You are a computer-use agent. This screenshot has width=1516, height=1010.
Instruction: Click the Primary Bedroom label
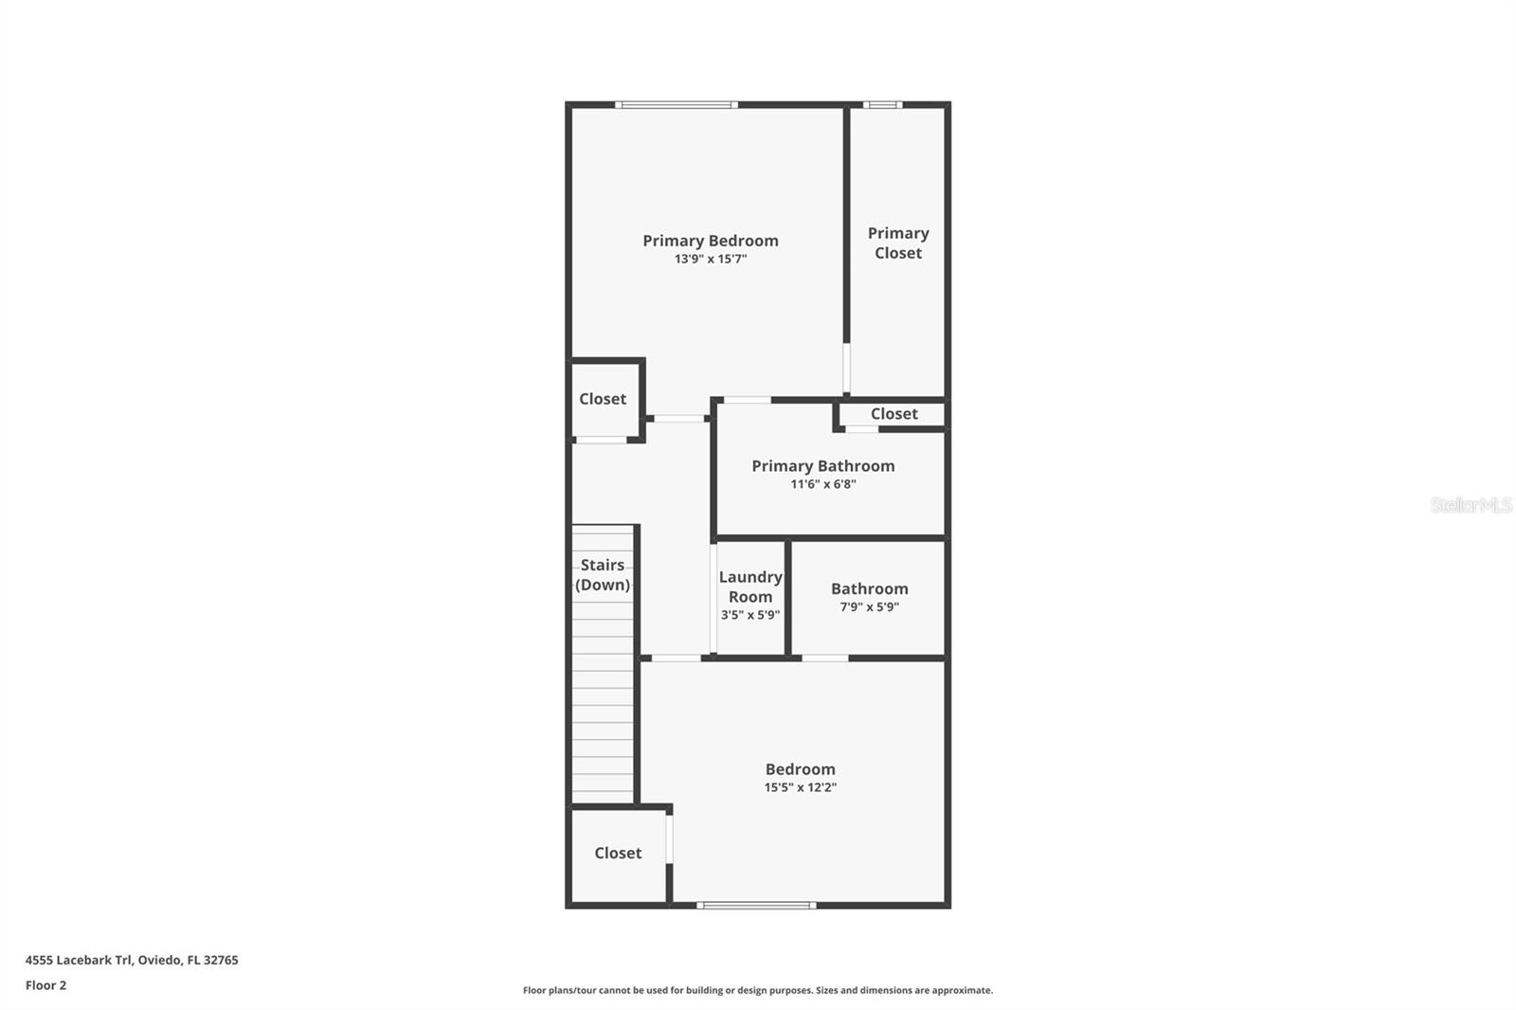click(711, 241)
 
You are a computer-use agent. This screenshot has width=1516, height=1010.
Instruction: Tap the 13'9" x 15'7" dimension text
click(711, 259)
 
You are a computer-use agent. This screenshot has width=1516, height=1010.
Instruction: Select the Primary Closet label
click(897, 243)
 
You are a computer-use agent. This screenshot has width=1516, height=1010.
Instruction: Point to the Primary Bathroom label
click(822, 465)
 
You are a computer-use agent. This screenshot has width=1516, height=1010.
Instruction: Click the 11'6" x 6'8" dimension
click(822, 484)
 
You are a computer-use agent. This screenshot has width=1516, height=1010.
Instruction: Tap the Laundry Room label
click(749, 586)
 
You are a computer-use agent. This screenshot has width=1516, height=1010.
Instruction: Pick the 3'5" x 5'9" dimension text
click(749, 615)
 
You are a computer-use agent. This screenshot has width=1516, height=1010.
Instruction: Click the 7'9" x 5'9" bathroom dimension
click(869, 607)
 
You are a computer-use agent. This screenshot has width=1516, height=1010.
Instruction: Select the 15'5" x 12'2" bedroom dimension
click(800, 787)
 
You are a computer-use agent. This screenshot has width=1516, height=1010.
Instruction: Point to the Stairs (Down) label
click(603, 574)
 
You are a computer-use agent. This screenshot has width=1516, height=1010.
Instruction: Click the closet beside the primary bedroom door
click(603, 399)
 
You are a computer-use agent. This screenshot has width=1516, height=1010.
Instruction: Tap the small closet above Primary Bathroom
click(893, 414)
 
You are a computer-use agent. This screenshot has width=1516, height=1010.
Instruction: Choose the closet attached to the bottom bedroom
click(618, 853)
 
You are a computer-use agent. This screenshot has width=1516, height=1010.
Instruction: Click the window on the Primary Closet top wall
click(882, 104)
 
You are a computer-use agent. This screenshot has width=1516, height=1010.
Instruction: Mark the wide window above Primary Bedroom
click(676, 104)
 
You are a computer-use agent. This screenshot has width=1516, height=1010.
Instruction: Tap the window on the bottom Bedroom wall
click(755, 906)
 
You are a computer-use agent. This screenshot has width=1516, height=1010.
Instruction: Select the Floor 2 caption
click(45, 985)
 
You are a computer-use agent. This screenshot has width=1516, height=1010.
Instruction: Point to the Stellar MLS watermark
click(1471, 505)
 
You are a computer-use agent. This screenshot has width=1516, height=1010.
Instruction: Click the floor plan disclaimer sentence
click(757, 990)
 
